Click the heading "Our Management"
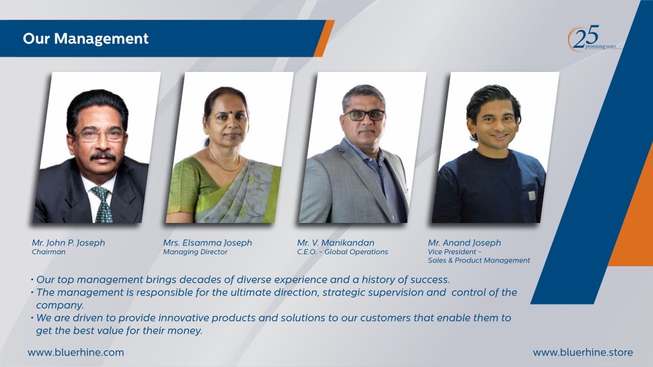tap(85, 39)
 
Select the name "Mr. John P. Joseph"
tap(68, 243)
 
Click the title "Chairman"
tap(48, 252)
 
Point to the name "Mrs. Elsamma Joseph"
tap(207, 243)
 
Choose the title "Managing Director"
tap(195, 252)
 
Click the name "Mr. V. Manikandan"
tap(335, 243)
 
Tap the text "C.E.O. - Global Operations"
tap(342, 252)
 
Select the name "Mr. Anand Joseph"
tap(464, 243)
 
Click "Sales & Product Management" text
tap(479, 261)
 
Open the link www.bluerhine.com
tap(76, 352)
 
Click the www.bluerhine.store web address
tap(583, 352)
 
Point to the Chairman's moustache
tap(103, 156)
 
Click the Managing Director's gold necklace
tap(224, 162)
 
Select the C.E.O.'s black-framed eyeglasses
tap(364, 115)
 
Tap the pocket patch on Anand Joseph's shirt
tap(532, 195)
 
